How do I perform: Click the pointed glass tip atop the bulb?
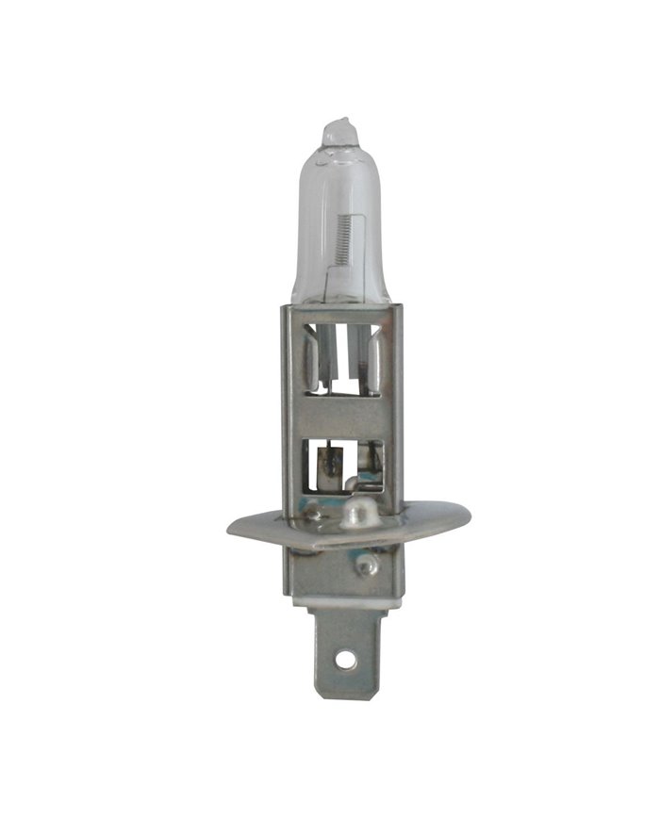point(339,129)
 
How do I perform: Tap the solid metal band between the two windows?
point(341,415)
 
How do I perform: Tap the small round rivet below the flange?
point(364,565)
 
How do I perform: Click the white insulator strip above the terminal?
point(341,598)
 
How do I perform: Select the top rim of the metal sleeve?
point(341,307)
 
